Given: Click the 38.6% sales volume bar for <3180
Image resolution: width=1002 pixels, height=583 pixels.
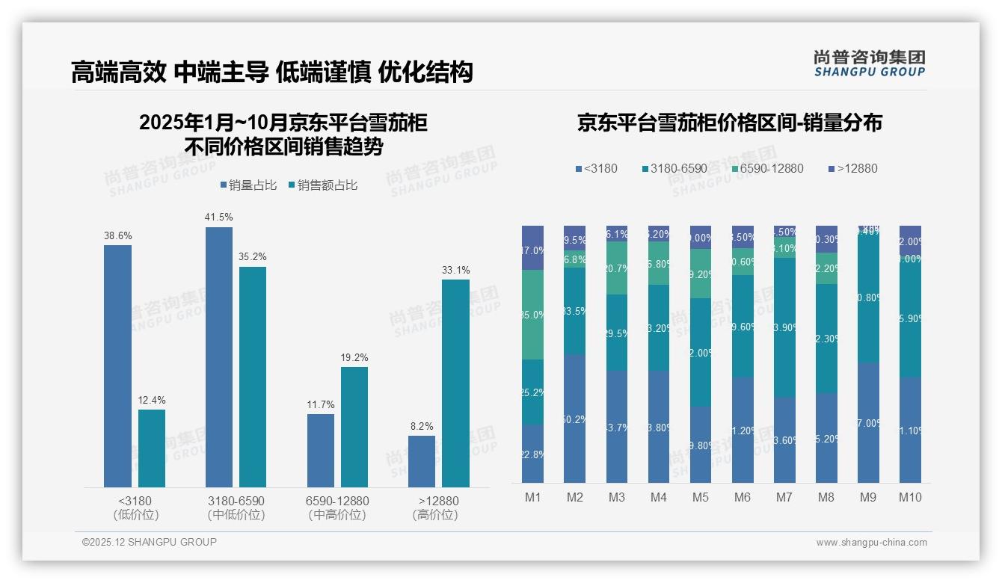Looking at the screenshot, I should pyautogui.click(x=117, y=366).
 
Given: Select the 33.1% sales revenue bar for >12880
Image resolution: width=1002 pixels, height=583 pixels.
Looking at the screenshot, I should pyautogui.click(x=455, y=383).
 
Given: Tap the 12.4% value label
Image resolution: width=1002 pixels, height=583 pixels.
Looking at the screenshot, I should pyautogui.click(x=152, y=401).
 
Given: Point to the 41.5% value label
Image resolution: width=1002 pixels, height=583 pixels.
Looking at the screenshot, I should pyautogui.click(x=219, y=218).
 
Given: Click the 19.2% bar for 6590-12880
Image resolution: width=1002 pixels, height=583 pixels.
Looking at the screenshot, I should pyautogui.click(x=354, y=427).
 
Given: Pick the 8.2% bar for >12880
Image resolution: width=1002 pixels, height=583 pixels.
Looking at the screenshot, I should pyautogui.click(x=422, y=461).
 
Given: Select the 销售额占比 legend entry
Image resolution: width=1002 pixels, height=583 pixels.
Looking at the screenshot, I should pyautogui.click(x=322, y=185).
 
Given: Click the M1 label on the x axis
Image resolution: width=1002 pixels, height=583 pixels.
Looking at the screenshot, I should pyautogui.click(x=532, y=497).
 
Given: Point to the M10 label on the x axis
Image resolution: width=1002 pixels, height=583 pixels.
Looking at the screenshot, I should pyautogui.click(x=910, y=497).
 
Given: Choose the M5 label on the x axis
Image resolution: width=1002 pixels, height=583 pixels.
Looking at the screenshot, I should pyautogui.click(x=701, y=497).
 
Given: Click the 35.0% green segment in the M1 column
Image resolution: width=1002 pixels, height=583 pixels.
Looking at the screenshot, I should pyautogui.click(x=532, y=315).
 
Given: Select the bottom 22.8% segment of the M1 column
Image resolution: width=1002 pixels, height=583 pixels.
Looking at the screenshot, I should pyautogui.click(x=532, y=454).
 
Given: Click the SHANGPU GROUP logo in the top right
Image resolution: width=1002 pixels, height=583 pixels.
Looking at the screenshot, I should pyautogui.click(x=869, y=64).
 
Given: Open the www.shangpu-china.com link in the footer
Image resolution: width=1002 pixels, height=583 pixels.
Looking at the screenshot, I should pyautogui.click(x=871, y=543).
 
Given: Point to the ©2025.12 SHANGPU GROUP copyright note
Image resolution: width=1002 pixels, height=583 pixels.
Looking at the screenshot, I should pyautogui.click(x=149, y=543).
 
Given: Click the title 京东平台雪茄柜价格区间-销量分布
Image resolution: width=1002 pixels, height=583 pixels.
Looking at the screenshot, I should pyautogui.click(x=729, y=123).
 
